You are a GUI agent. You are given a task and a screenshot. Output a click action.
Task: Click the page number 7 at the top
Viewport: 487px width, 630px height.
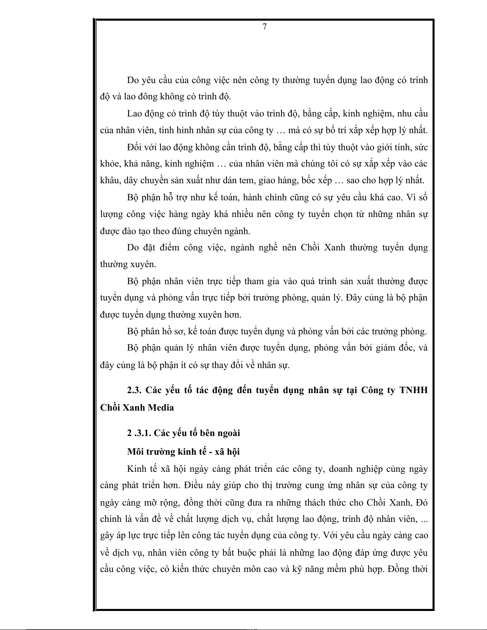264,27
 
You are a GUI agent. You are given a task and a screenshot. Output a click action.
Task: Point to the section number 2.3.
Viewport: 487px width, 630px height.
134,390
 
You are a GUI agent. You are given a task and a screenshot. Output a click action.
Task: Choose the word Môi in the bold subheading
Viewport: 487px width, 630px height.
136,452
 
